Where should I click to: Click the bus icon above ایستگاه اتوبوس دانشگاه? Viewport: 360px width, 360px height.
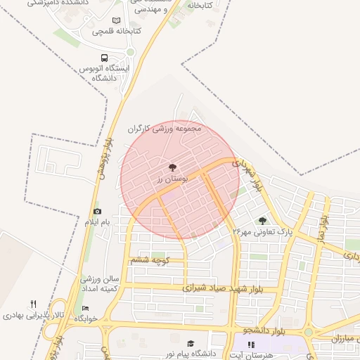point(105,58)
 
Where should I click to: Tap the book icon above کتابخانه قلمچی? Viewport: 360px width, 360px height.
point(116,22)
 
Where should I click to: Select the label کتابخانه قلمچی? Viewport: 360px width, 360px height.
point(117,32)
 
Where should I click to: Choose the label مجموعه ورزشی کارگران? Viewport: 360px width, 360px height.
point(165,129)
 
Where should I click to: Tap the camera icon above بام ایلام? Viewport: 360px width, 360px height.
point(97,212)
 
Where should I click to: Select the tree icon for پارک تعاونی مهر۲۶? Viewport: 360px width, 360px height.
point(263,221)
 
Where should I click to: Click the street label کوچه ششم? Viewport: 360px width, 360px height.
point(150,261)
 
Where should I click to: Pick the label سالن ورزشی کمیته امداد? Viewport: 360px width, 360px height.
point(99,284)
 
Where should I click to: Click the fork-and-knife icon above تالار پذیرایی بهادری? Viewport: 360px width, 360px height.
point(33,304)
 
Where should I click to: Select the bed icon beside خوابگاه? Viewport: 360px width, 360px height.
point(86,309)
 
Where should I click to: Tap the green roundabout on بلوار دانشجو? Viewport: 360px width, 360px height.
point(308,332)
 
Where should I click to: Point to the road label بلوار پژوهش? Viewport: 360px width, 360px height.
point(103,159)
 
